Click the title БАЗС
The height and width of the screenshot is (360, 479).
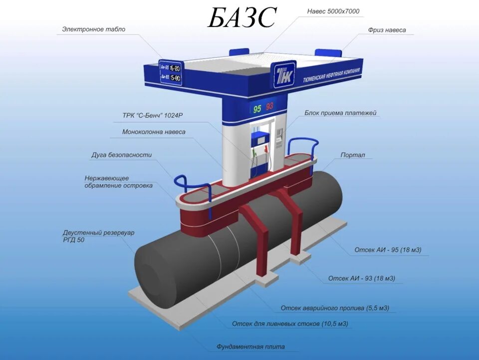(241, 18)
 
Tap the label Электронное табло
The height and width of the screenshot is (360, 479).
(94, 29)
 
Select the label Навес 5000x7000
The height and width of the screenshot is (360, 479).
(333, 11)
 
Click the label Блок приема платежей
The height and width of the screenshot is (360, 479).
(340, 113)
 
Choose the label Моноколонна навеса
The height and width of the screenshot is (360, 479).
(154, 132)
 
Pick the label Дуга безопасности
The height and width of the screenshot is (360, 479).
(121, 155)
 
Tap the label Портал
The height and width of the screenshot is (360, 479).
(353, 155)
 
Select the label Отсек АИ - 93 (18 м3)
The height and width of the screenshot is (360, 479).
(365, 278)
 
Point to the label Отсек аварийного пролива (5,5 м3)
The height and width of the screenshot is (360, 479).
(335, 308)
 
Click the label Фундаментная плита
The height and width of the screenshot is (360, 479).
(251, 347)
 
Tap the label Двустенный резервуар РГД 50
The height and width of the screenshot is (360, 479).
(98, 236)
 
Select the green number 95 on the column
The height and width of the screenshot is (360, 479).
(257, 108)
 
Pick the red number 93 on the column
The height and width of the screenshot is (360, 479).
(269, 106)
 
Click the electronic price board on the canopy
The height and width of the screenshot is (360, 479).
(170, 72)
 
